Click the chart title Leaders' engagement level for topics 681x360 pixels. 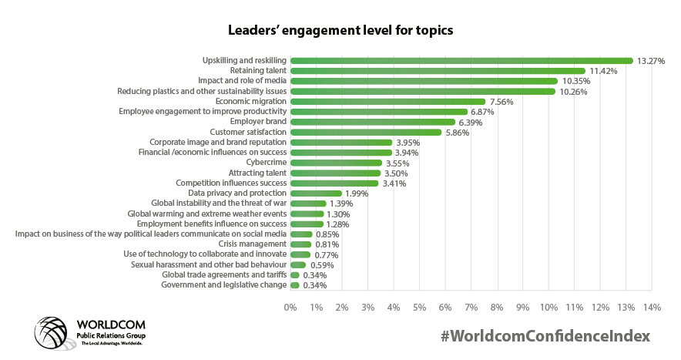340,31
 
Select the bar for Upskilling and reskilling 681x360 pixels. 461,60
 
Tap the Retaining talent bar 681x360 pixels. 438,70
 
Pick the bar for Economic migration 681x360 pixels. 387,101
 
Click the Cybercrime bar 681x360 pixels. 336,163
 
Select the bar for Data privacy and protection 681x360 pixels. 316,193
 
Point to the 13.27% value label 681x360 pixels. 651,61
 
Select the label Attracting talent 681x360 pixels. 257,173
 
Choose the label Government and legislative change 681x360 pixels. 223,285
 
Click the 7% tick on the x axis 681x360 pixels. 471,308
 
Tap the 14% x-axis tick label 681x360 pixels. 652,308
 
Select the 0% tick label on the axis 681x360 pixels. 290,308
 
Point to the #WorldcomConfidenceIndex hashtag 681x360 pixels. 545,336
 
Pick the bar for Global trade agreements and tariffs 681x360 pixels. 295,275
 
